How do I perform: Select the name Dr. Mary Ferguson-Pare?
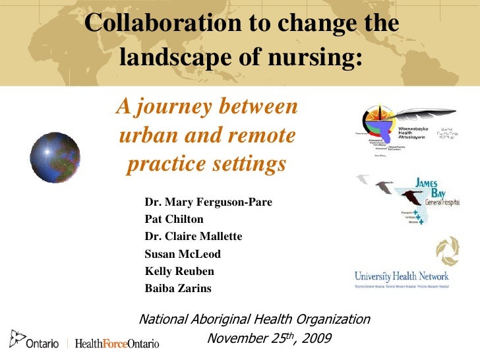click(208, 202)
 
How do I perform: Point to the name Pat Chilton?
click(174, 219)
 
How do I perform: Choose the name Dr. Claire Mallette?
click(193, 236)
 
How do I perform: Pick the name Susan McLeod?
click(183, 254)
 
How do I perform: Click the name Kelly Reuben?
click(179, 271)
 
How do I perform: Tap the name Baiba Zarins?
click(179, 288)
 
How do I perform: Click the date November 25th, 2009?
click(269, 339)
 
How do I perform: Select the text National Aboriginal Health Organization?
click(255, 320)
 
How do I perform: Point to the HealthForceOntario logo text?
click(117, 344)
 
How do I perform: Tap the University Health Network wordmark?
click(401, 276)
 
